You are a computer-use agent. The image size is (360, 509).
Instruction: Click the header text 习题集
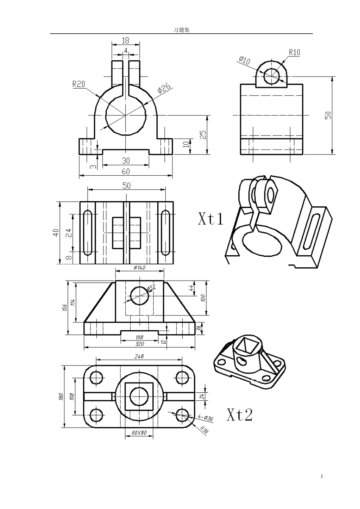(x=182, y=30)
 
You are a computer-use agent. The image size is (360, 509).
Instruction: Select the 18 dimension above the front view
(x=125, y=41)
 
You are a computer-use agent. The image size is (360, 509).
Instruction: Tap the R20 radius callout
(x=79, y=84)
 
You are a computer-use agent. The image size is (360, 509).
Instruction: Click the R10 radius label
(x=294, y=53)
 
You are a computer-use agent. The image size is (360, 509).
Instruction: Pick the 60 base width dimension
(x=126, y=171)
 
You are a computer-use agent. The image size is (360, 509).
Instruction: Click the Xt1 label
(x=211, y=219)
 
